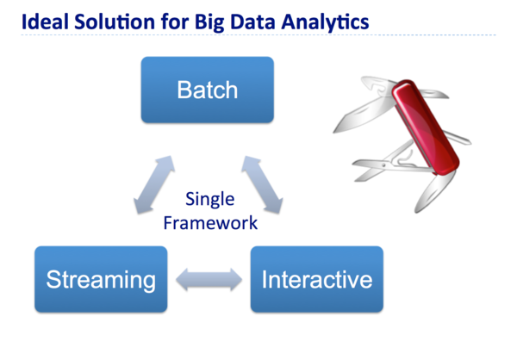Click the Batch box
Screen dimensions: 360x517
click(207, 90)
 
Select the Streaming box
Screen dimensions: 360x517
click(100, 280)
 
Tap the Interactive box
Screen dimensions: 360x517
click(316, 280)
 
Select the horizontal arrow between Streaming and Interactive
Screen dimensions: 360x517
click(208, 279)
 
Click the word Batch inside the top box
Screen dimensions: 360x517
click(207, 90)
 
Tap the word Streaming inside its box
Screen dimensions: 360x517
click(100, 280)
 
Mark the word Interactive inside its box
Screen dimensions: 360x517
click(316, 280)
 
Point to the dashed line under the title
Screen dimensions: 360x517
click(258, 35)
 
